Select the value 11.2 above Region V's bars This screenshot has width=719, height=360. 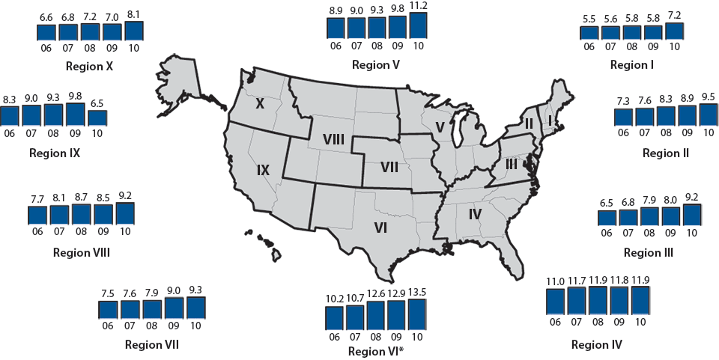418,7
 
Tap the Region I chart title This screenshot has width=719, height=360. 631,65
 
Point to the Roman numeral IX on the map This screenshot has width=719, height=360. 263,171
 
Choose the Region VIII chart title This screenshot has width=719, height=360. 82,252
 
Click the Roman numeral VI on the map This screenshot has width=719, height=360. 380,228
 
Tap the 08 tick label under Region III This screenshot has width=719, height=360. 649,233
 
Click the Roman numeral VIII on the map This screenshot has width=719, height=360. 333,139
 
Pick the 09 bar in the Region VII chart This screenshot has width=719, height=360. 174,308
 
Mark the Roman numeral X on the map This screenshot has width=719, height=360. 260,104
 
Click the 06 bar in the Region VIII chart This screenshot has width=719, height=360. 37,215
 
